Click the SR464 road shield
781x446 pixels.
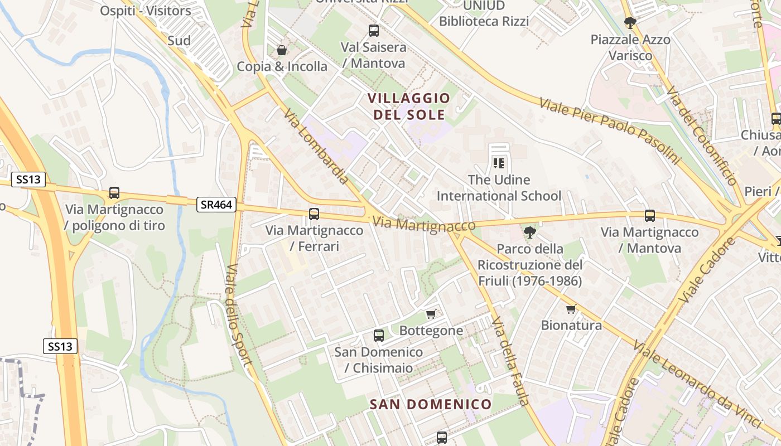pos(216,205)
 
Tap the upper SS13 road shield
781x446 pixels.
pos(28,180)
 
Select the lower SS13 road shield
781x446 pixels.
pos(60,346)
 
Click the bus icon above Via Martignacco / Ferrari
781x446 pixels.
pos(314,214)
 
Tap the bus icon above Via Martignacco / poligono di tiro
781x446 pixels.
pos(114,193)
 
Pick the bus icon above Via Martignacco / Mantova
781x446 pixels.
pos(650,216)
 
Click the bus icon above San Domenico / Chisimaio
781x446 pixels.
pos(379,336)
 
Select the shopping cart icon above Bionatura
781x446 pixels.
pos(571,309)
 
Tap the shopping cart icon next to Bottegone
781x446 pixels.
pos(431,314)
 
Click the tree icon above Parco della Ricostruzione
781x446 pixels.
pos(530,232)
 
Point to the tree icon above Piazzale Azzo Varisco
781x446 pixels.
pos(630,23)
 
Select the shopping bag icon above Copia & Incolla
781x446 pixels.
pos(282,50)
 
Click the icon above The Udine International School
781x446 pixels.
pos(499,163)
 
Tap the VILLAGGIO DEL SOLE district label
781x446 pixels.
pos(409,106)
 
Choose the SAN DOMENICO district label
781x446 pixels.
pos(431,404)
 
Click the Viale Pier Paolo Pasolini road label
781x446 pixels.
pos(610,131)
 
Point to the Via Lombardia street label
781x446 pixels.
pos(316,146)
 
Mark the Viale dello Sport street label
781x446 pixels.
pos(239,315)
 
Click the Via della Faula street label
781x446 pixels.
pos(509,360)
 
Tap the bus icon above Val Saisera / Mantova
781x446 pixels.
pos(374,31)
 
